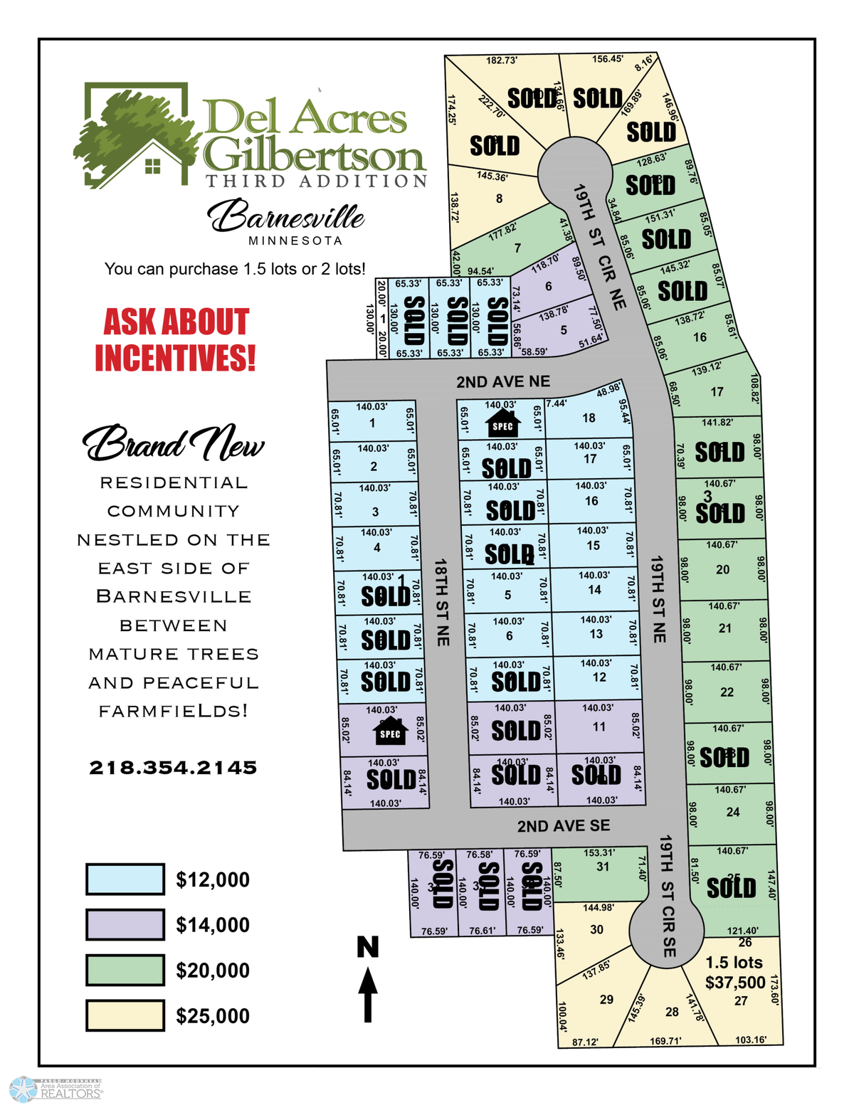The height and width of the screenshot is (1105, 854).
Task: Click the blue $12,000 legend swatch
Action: [x=125, y=879]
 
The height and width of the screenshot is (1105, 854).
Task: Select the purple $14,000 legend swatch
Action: [x=125, y=924]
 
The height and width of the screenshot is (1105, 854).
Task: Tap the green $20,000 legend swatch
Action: [x=125, y=970]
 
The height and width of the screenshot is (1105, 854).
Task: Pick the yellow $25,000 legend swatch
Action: [x=125, y=1015]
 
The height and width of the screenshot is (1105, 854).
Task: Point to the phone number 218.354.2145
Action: [x=173, y=768]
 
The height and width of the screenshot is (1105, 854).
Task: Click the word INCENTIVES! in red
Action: [x=175, y=357]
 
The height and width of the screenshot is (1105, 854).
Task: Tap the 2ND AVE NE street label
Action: [x=503, y=382]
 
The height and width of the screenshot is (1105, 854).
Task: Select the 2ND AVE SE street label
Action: [x=563, y=826]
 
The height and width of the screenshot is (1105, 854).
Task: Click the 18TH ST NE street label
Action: [x=442, y=602]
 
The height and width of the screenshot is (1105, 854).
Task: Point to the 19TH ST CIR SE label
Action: [x=667, y=896]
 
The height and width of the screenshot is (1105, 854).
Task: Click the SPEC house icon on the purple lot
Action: [x=390, y=731]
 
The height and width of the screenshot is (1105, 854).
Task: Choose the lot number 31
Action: [x=603, y=866]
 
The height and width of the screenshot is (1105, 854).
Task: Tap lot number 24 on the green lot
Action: [x=733, y=812]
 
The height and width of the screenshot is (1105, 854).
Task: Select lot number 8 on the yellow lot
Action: [x=499, y=199]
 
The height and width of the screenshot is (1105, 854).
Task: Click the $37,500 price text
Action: [x=735, y=983]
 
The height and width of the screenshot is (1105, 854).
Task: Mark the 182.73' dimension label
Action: [x=501, y=60]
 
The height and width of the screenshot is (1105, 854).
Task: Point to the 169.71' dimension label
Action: [x=665, y=1041]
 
